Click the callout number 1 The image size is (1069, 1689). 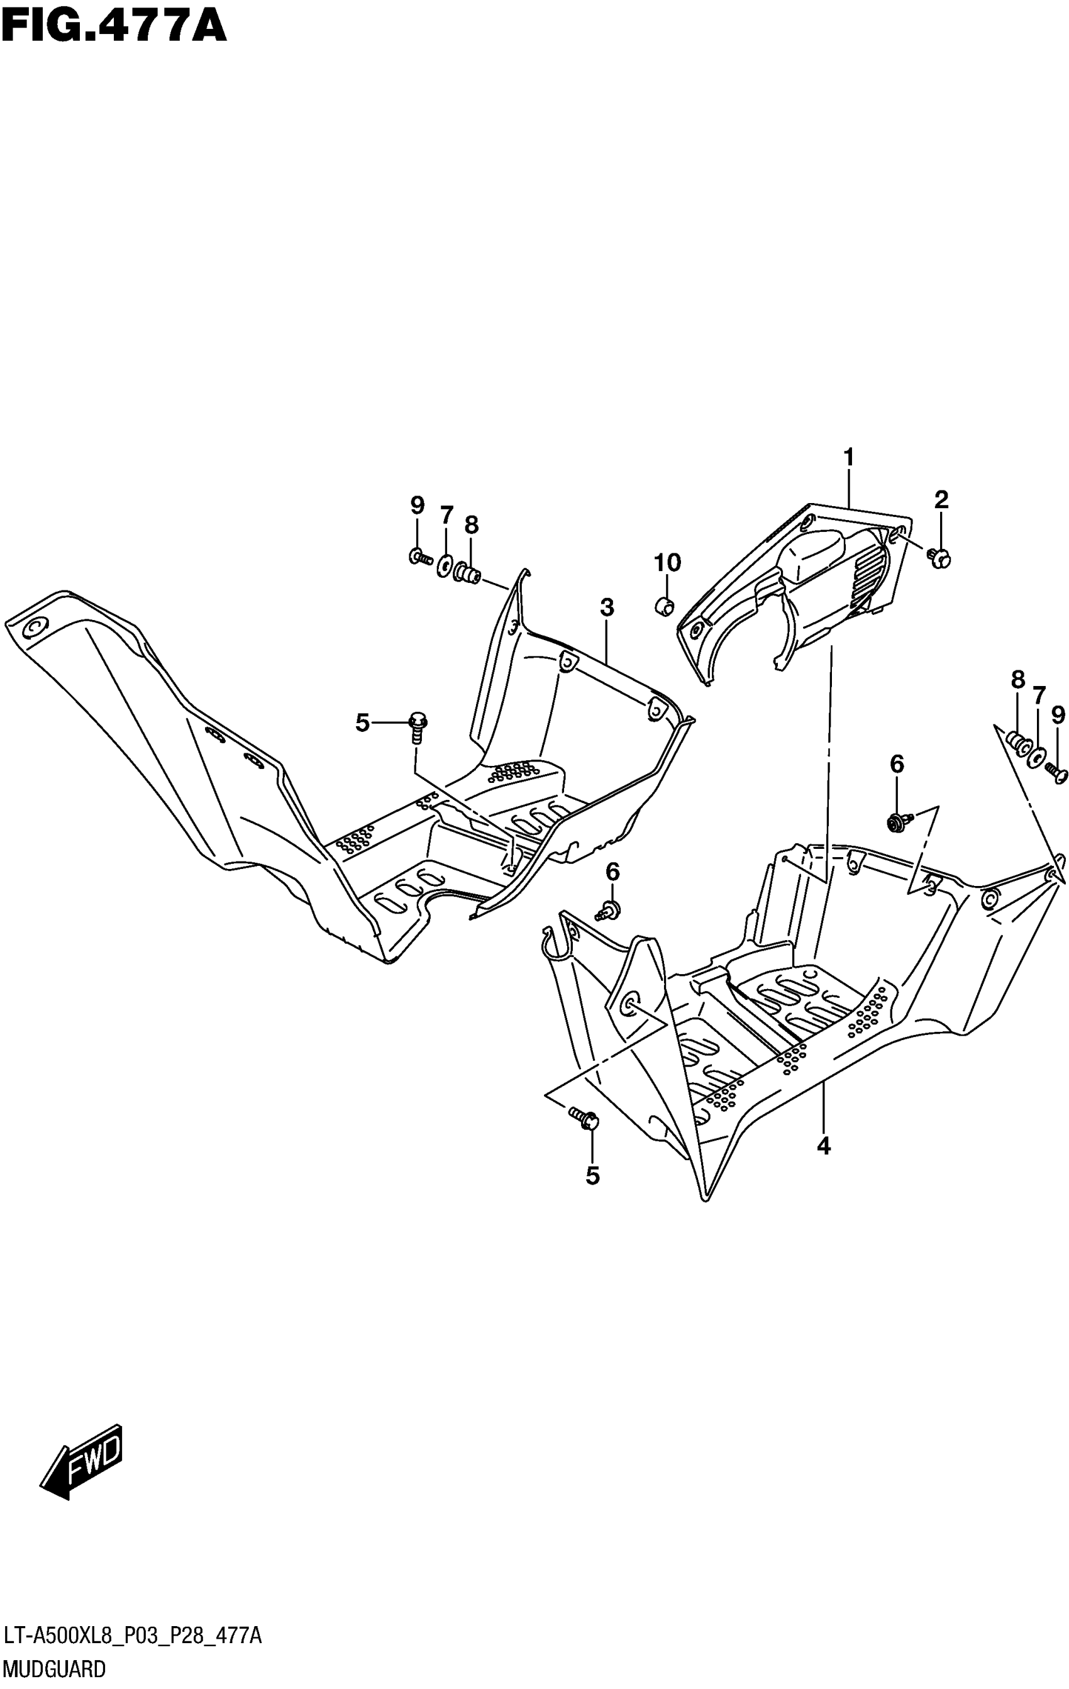click(849, 457)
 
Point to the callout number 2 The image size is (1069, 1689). click(941, 499)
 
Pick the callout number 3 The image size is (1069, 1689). click(607, 607)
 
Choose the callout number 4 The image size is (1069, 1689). click(824, 1146)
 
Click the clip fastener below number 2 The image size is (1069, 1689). click(939, 558)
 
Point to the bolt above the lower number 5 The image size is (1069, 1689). click(584, 1116)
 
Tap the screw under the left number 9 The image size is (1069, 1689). click(420, 558)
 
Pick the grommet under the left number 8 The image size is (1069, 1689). click(468, 573)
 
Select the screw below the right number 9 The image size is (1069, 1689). click(1056, 772)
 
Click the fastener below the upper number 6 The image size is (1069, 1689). click(899, 821)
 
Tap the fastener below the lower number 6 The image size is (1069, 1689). click(607, 911)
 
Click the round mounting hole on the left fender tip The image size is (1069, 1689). click(32, 626)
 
